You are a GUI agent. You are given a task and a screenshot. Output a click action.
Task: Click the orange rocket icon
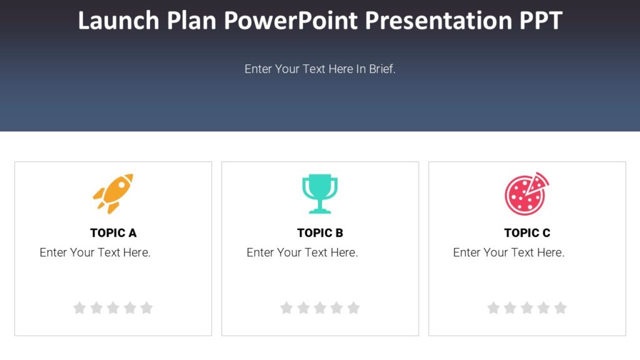tap(113, 194)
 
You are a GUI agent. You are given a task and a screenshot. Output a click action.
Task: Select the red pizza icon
tap(526, 194)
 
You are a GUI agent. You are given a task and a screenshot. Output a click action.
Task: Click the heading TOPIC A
tap(113, 233)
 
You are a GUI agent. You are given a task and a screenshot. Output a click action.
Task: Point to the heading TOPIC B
tap(320, 233)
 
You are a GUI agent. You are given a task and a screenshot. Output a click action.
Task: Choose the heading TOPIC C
tap(527, 233)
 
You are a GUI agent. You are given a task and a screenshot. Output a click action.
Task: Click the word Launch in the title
tap(119, 21)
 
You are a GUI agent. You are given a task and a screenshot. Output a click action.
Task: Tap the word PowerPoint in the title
tap(291, 21)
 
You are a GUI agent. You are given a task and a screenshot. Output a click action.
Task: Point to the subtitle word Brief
tap(382, 69)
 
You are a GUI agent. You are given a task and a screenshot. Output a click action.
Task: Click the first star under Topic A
tap(79, 307)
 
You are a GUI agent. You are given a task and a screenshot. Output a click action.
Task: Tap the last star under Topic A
tap(146, 307)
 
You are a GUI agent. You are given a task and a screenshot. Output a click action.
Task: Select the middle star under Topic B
tap(320, 307)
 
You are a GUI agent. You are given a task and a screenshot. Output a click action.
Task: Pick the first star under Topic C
tap(494, 307)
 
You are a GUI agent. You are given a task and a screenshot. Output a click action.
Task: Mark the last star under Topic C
tap(561, 307)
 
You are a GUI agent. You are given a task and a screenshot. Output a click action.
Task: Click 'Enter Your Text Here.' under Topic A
tap(95, 253)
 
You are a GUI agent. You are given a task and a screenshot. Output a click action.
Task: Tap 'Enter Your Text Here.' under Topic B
tap(302, 253)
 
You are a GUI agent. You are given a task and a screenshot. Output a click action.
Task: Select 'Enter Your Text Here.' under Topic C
tap(509, 253)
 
